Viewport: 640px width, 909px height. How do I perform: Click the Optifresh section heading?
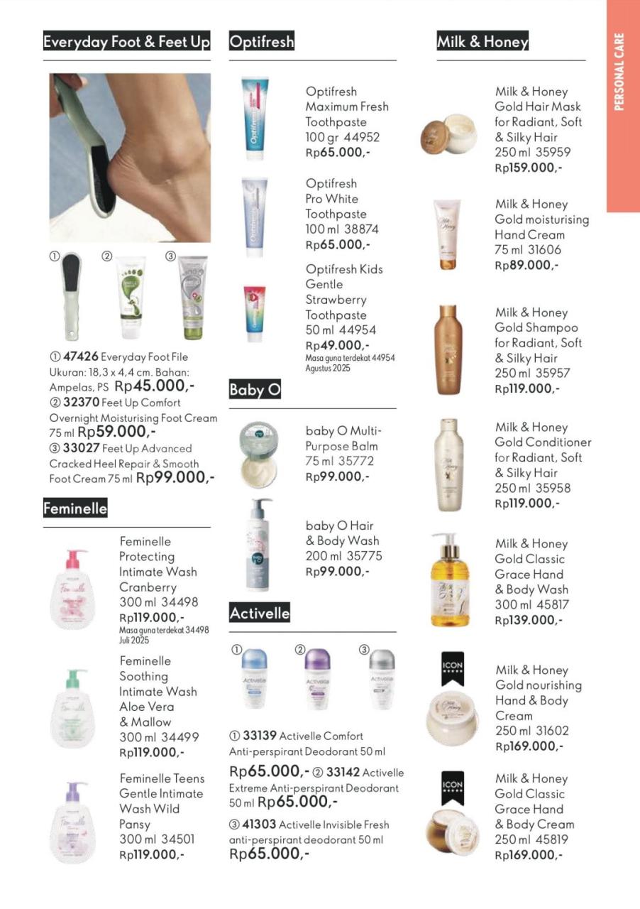[261, 42]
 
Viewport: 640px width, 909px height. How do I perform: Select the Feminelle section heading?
[75, 508]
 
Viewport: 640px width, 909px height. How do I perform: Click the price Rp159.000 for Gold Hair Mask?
[529, 168]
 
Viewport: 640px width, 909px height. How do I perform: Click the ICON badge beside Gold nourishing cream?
[452, 668]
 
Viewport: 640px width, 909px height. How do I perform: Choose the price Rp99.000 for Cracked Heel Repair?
[175, 478]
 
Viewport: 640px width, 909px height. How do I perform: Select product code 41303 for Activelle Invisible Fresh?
[259, 824]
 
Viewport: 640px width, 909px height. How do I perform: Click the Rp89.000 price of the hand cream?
[526, 265]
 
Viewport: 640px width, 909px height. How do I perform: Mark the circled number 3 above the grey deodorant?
[364, 649]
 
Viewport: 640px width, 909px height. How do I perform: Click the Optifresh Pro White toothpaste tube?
[255, 213]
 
